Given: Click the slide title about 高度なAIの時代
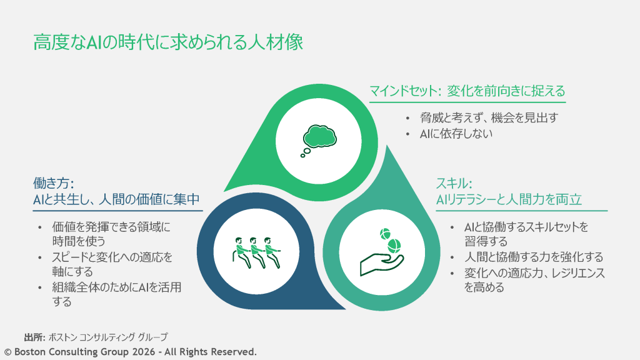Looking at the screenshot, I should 168,42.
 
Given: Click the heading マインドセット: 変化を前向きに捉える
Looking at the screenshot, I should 467,91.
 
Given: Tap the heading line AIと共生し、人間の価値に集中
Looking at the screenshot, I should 116,199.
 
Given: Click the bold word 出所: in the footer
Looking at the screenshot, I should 34,337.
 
